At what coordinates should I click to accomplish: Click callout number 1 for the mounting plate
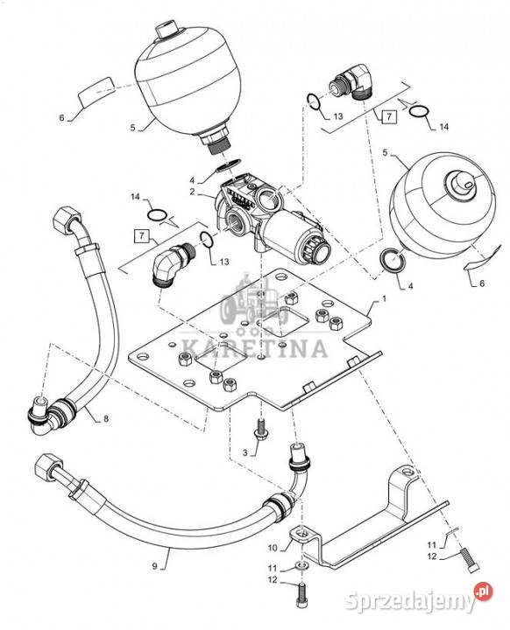[x=384, y=299]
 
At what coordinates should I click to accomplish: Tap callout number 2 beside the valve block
[x=193, y=192]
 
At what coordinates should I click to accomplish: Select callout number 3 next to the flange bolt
[x=244, y=453]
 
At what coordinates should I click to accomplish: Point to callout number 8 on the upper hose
[x=106, y=418]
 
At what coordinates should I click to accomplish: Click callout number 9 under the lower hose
[x=154, y=566]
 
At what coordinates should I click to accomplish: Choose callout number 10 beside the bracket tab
[x=273, y=548]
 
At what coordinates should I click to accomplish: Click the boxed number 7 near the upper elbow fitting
[x=389, y=116]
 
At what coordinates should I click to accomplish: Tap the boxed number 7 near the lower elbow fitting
[x=141, y=236]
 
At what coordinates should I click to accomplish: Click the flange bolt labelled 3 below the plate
[x=261, y=430]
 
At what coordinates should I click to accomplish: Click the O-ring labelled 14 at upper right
[x=419, y=111]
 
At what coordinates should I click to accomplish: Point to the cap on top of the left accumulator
[x=166, y=31]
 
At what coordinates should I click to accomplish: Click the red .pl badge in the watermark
[x=484, y=591]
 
